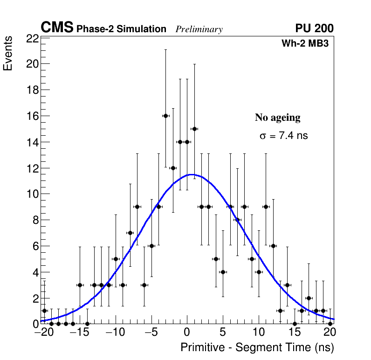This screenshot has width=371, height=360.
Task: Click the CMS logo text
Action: (x=57, y=28)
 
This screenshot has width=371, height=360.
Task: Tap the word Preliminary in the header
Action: (x=199, y=29)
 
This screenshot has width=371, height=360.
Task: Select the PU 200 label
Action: (x=314, y=28)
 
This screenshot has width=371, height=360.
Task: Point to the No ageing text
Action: (x=277, y=118)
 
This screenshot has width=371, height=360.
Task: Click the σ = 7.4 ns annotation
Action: (x=283, y=136)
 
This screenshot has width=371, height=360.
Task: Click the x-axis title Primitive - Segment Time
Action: (x=257, y=347)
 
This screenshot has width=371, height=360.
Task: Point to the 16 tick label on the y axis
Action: (x=33, y=116)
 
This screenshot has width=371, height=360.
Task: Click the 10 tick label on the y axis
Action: (x=33, y=194)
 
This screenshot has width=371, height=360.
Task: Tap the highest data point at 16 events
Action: (x=165, y=116)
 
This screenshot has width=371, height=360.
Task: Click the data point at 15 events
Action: (x=194, y=129)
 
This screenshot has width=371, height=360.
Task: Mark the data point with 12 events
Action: (x=173, y=168)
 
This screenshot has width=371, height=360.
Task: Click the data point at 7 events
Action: (x=130, y=233)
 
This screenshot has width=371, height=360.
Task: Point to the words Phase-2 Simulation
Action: (x=121, y=29)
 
